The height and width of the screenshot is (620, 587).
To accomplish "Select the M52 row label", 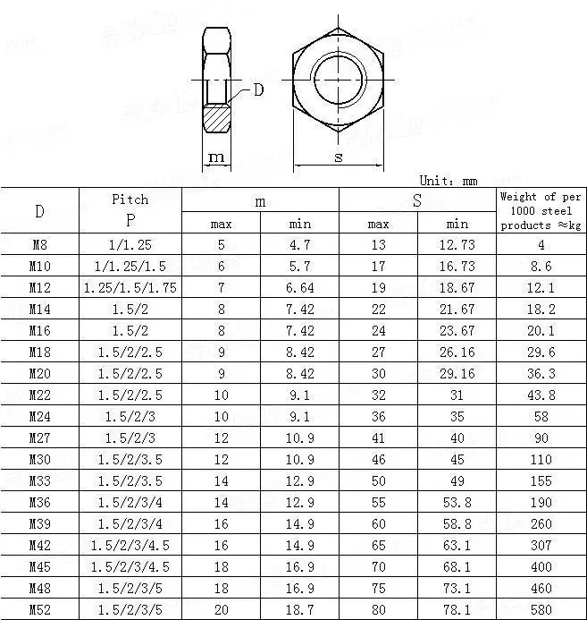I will point(39,610).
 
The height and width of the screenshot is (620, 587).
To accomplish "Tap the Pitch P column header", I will point(130,209).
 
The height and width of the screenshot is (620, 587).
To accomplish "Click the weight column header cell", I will point(540,210).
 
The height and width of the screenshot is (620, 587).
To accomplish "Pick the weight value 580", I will point(540,610).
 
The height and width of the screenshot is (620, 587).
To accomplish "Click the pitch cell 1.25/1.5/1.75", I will point(130,288).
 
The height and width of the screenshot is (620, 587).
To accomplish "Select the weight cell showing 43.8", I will point(540,395).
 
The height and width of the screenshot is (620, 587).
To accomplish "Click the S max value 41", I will point(378,438).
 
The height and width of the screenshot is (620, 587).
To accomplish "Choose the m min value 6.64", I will point(299,288).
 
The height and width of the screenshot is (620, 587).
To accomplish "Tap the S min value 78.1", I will point(457,610).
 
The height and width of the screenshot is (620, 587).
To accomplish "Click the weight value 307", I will point(540,546).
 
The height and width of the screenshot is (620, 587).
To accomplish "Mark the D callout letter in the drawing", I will point(259,89).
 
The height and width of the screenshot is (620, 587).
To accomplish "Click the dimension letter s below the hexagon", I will point(339,157).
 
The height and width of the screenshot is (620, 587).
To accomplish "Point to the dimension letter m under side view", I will point(215,157).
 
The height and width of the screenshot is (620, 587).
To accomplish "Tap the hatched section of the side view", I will point(216,117).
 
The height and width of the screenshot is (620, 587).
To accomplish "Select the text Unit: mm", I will point(449,181).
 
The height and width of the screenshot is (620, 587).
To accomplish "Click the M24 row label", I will point(39,417).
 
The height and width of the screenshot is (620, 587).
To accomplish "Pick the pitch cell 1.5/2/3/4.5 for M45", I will point(130,567).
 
